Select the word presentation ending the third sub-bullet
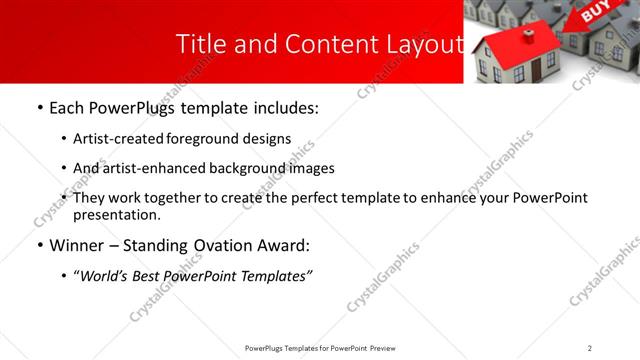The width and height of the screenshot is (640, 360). tap(116, 214)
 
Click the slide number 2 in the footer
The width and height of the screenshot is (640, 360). tap(589, 348)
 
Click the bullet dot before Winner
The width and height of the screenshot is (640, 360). tap(39, 245)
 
